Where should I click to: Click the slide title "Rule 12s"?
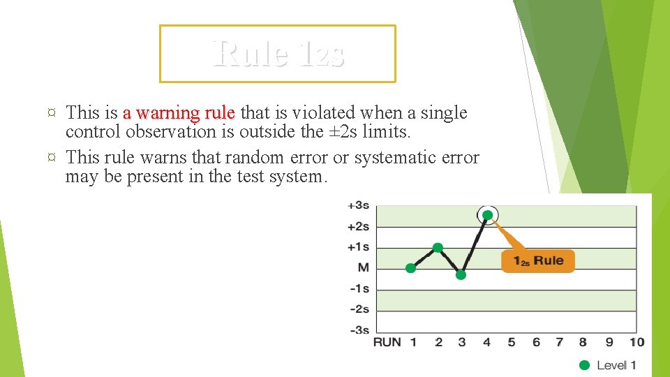(278, 53)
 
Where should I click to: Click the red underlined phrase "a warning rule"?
(179, 112)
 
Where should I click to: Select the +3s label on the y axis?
(358, 205)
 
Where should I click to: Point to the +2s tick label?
(358, 226)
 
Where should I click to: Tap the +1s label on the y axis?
(358, 247)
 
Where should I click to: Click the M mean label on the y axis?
(363, 267)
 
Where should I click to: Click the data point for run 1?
(411, 267)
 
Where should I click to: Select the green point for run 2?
(438, 248)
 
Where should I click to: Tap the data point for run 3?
(461, 275)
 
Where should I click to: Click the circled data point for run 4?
(488, 215)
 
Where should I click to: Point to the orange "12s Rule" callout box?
(538, 261)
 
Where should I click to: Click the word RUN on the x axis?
(387, 342)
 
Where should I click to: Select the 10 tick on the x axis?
(636, 342)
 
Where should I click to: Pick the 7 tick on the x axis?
(559, 342)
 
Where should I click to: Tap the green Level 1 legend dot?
(584, 365)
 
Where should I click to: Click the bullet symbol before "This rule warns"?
(52, 158)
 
